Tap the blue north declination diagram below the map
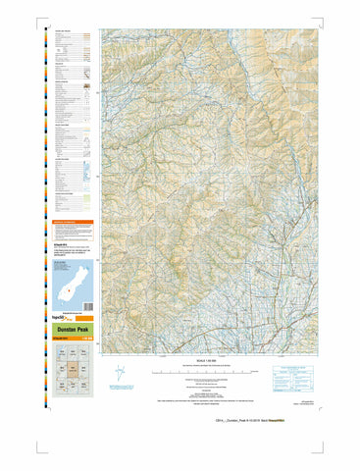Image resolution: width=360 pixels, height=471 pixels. pyautogui.click(x=121, y=374)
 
